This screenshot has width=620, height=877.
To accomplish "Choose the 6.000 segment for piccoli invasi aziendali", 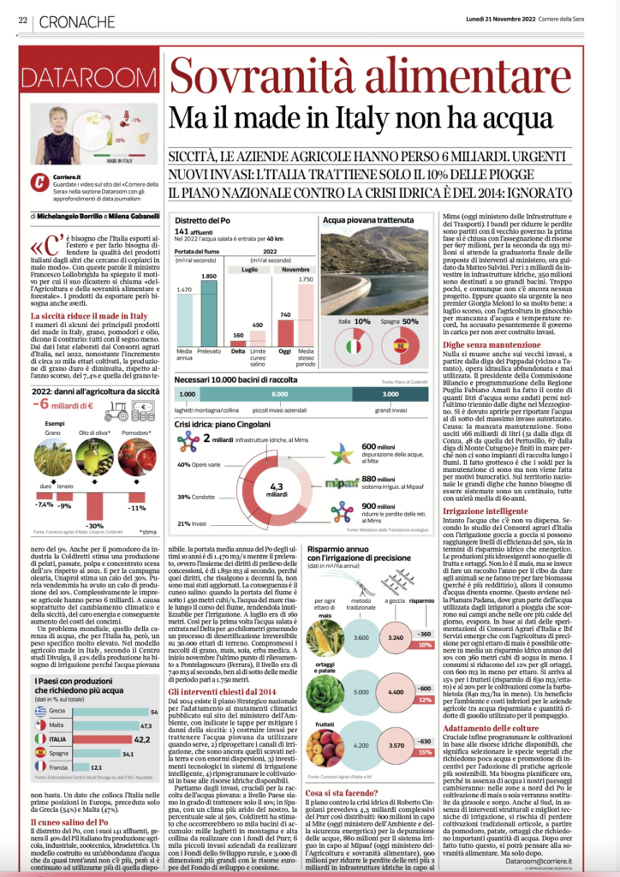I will (x=278, y=393).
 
